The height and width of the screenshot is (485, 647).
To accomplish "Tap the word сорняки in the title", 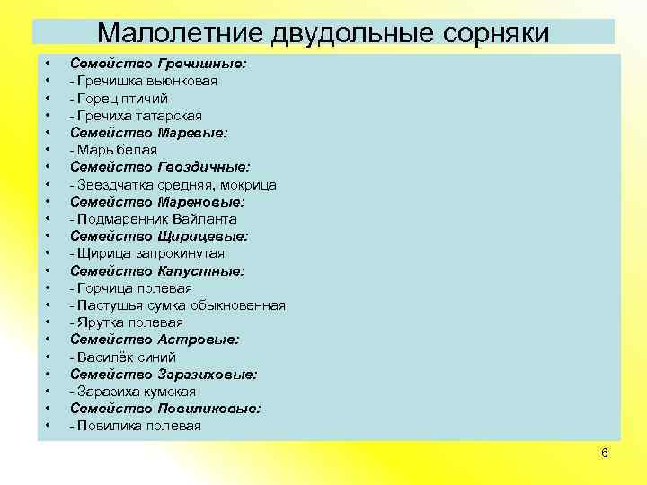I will [495, 32].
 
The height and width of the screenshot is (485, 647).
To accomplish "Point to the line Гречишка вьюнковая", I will [144, 82].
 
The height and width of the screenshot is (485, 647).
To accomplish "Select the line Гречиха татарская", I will [136, 116].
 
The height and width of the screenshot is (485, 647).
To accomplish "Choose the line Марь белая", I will [113, 150].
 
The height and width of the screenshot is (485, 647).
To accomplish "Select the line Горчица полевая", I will [131, 288].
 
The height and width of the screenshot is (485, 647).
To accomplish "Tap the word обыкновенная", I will [236, 305].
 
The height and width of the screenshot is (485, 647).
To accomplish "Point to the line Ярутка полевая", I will [127, 322].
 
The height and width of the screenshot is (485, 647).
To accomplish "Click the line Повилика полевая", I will [136, 426].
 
